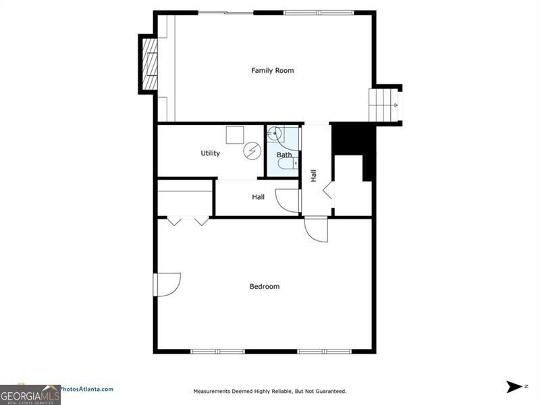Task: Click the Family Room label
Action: point(273,70)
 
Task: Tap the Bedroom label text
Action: point(265,286)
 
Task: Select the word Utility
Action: point(210,153)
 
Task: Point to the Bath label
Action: point(284,155)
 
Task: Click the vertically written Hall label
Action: point(314,175)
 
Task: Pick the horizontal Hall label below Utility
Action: point(258,197)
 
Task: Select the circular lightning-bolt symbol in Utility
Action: point(251,150)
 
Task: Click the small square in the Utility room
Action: point(234,134)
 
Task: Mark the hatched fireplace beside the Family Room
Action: point(148,64)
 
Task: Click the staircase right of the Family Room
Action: point(383,105)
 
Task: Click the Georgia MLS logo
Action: point(30,394)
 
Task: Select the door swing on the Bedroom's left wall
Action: point(167,284)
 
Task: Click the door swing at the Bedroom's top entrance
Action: point(316,230)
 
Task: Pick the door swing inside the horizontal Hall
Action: point(288,200)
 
